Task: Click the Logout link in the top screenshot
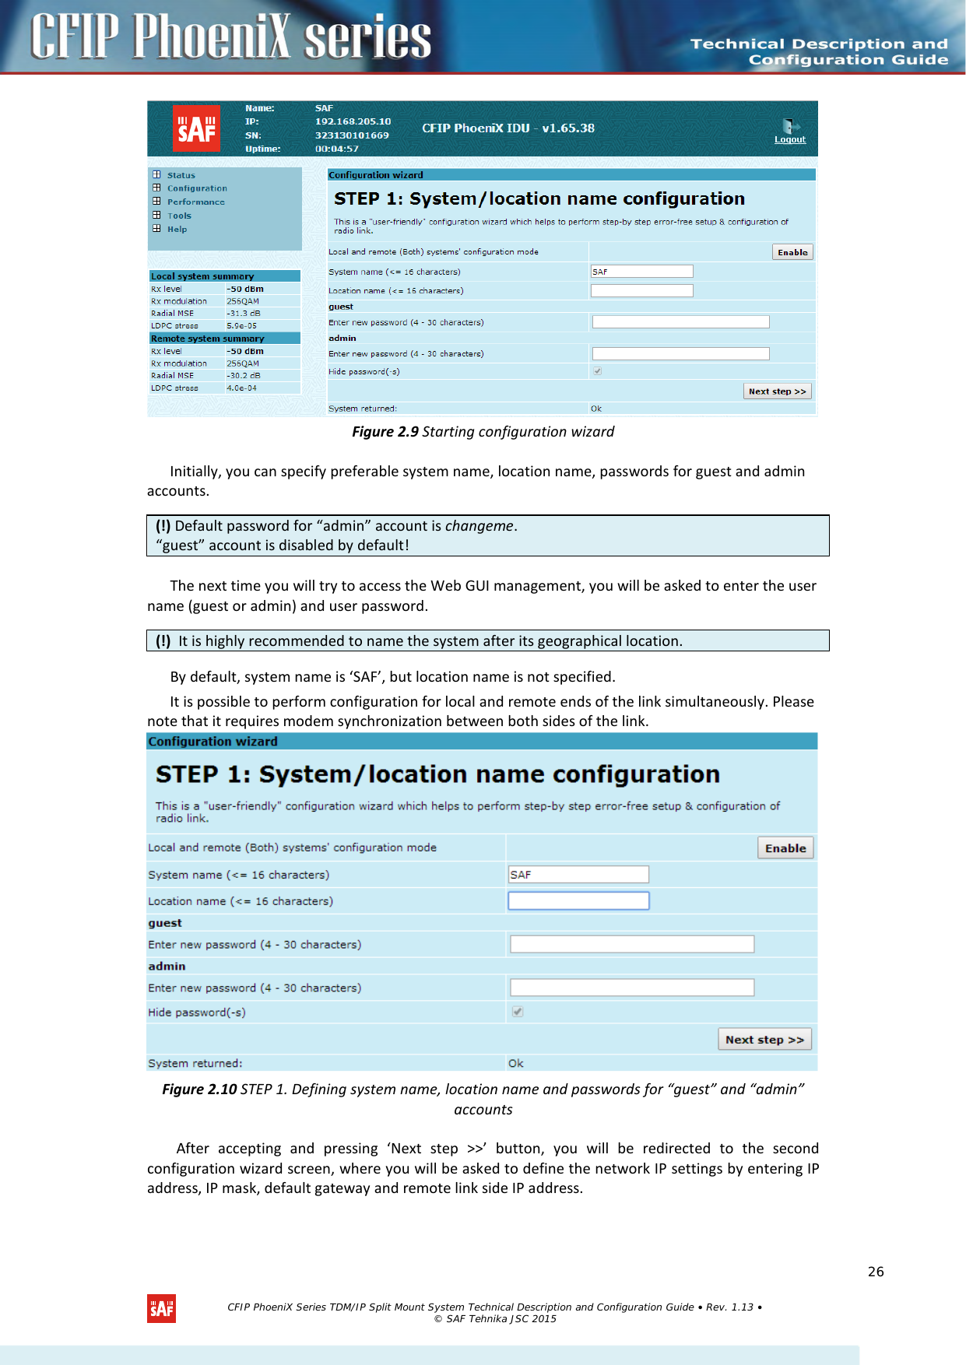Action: point(789,139)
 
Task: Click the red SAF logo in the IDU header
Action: point(196,128)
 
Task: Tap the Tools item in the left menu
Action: point(179,216)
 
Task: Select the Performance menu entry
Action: point(195,202)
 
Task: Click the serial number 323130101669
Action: point(352,135)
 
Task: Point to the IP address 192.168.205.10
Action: point(353,121)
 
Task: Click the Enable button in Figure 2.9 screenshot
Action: point(792,252)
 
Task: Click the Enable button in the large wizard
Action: point(785,848)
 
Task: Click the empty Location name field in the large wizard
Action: point(578,900)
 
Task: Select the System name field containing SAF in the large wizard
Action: point(578,875)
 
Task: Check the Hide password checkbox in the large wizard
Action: point(518,1012)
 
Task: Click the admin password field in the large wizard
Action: point(632,988)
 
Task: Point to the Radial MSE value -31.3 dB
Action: point(244,314)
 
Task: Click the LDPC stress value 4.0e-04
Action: point(241,388)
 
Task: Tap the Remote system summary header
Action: point(208,339)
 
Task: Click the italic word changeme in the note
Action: point(479,526)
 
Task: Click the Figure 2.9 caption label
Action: point(385,432)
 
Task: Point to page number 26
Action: point(876,1272)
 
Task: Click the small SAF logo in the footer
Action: point(161,1309)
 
